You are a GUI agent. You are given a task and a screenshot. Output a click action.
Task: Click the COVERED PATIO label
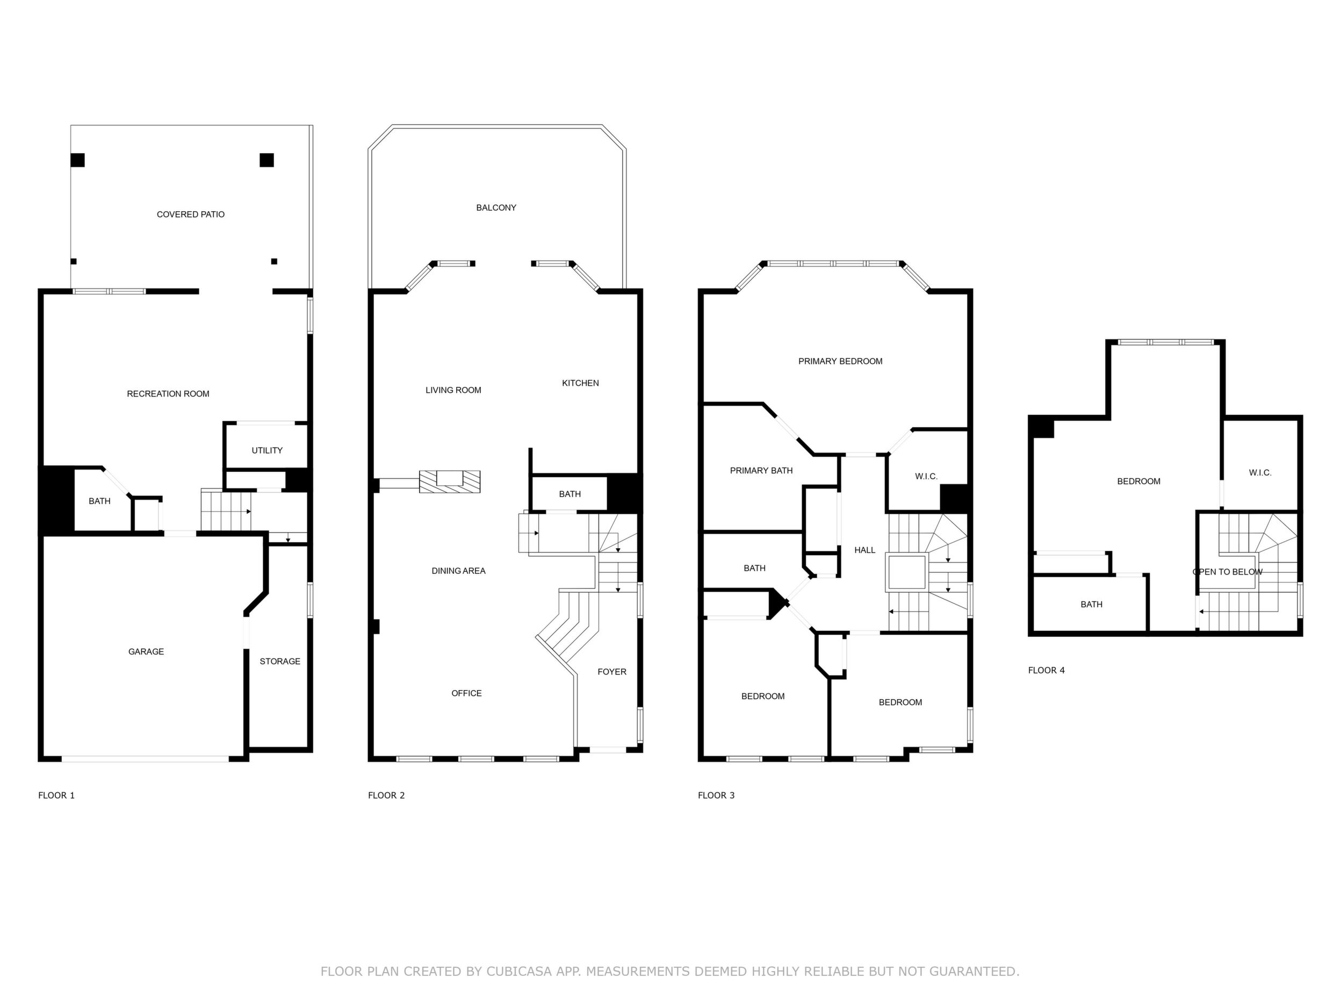[x=190, y=214]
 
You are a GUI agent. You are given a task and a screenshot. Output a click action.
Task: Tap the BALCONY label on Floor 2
[x=496, y=207]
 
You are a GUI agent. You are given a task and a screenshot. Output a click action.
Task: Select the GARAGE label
[x=146, y=651]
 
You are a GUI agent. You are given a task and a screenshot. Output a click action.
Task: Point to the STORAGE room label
[x=280, y=661]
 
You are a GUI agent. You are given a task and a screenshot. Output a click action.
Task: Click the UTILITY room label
[x=268, y=450]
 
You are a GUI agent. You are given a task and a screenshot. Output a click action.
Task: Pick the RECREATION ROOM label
[x=168, y=393]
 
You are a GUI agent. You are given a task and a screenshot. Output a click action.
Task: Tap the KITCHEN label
[x=580, y=383]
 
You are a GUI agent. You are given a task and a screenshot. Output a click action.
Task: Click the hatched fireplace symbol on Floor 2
[x=450, y=482]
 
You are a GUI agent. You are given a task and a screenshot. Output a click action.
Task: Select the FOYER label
[x=612, y=671]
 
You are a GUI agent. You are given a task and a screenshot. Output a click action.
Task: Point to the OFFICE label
[x=466, y=693]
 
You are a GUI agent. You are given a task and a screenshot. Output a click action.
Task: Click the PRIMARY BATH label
[x=761, y=470]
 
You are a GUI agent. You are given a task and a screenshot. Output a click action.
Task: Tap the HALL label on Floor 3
[x=864, y=550]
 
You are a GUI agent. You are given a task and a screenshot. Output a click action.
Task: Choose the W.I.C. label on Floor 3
[x=926, y=476]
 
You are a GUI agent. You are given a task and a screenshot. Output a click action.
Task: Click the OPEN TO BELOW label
[x=1228, y=572]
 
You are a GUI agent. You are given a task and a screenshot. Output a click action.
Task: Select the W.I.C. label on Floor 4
[x=1260, y=472]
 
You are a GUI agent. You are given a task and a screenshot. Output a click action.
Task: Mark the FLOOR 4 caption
[x=1047, y=670]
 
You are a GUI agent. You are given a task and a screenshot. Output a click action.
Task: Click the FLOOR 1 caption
[x=56, y=795]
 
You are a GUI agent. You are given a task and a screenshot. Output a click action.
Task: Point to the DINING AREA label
[x=458, y=571]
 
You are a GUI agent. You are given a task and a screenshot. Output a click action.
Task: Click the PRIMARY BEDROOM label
[x=840, y=361]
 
